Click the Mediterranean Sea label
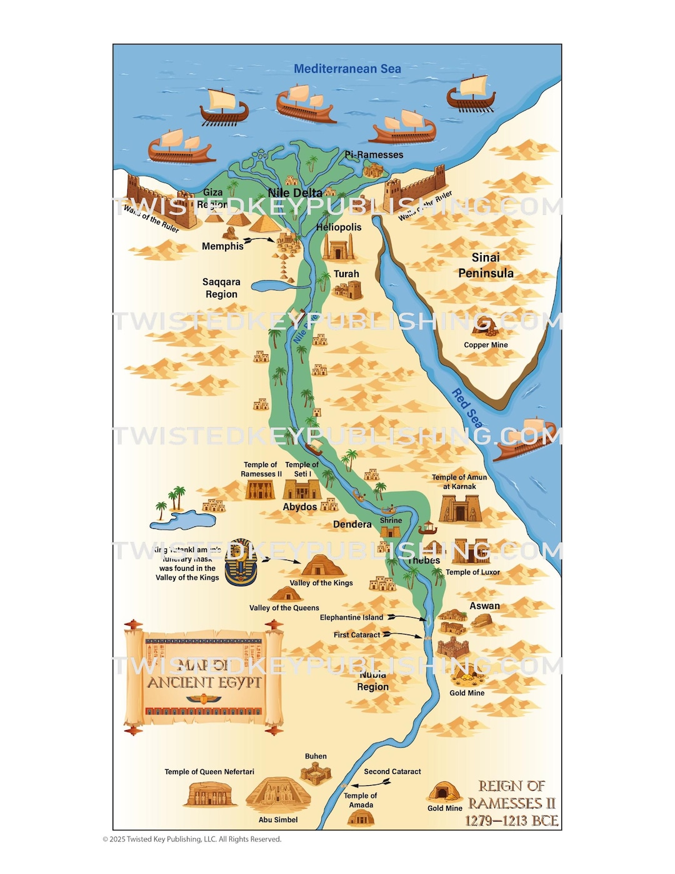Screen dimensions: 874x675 click(x=347, y=69)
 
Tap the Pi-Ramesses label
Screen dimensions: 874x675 click(x=374, y=154)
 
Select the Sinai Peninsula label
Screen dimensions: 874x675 click(x=486, y=265)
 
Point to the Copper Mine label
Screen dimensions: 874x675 click(x=486, y=345)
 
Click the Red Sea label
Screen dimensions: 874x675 click(x=467, y=408)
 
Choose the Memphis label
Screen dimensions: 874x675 click(x=222, y=246)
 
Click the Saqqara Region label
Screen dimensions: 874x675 click(x=221, y=288)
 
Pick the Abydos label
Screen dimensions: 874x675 click(x=300, y=507)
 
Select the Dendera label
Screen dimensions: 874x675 click(x=352, y=525)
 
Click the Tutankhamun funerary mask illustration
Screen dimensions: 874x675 click(x=241, y=563)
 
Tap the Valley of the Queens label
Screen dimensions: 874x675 click(x=284, y=608)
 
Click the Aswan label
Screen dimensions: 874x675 click(x=484, y=606)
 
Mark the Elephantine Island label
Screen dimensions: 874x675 click(x=351, y=618)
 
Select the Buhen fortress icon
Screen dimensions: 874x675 click(x=316, y=775)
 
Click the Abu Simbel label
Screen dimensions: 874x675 click(x=278, y=820)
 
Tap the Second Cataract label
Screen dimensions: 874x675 click(x=392, y=771)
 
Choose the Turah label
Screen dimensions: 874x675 click(x=346, y=274)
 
